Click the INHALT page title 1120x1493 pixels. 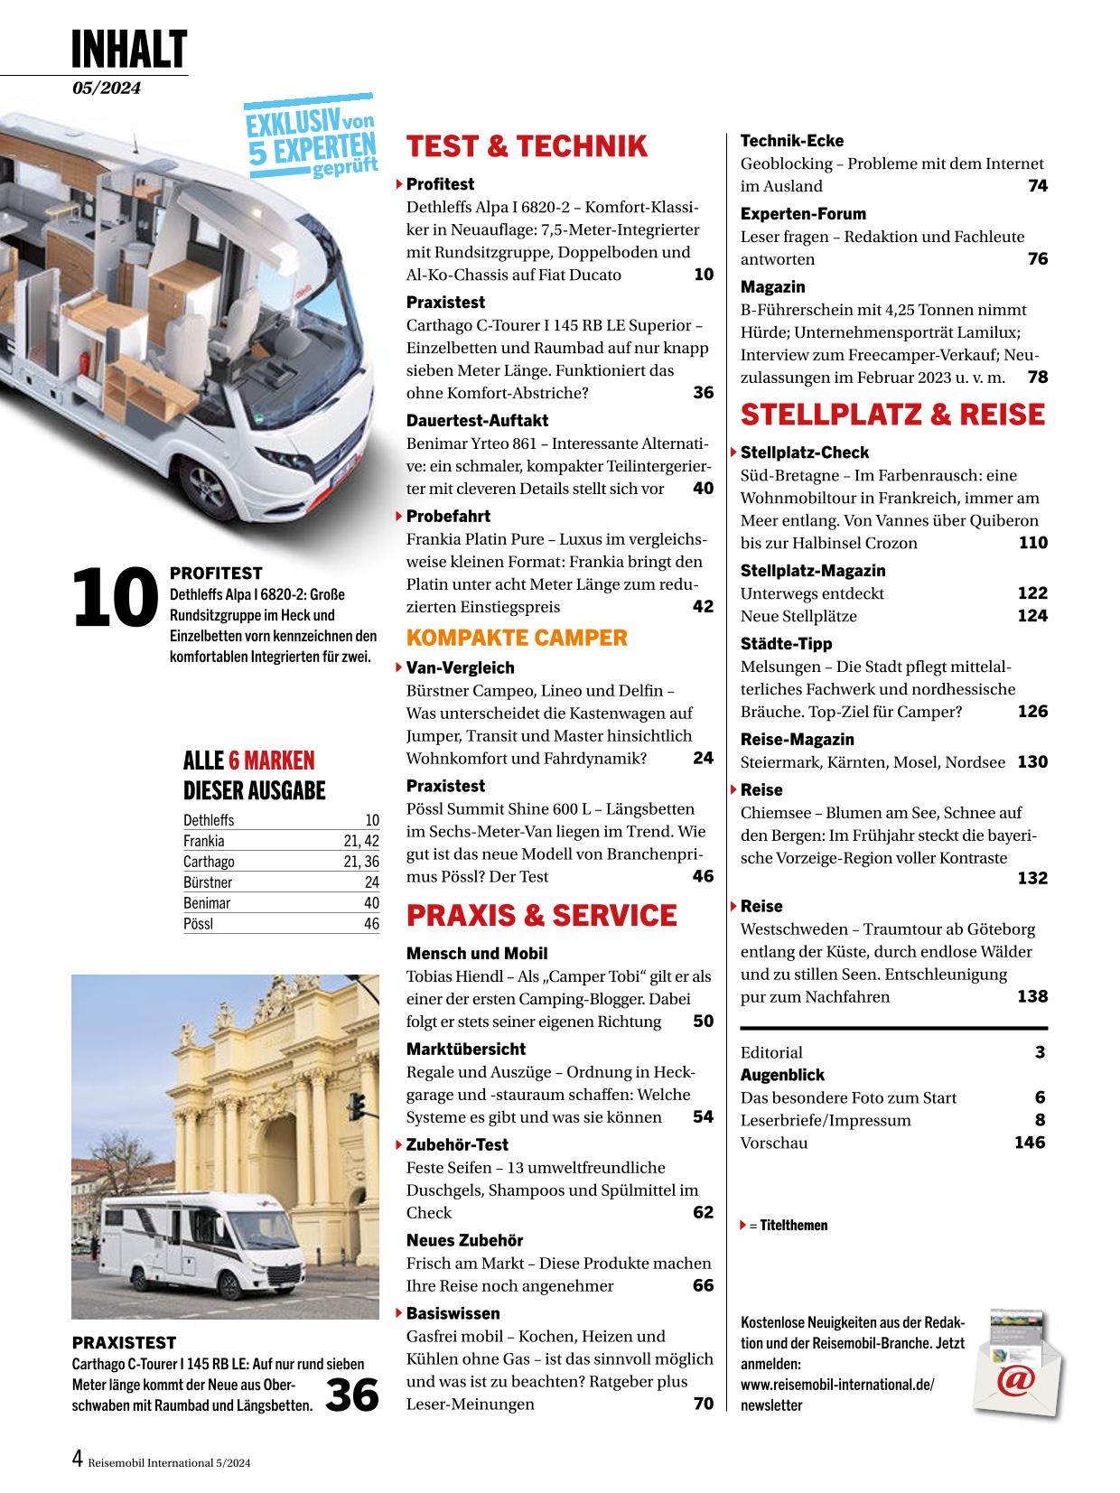coord(129,49)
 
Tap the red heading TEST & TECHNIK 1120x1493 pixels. coord(527,146)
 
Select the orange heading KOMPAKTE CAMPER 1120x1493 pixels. coord(516,638)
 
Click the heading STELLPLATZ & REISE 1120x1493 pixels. coord(892,415)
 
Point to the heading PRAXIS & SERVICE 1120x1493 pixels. coord(541,915)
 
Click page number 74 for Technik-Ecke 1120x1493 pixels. coord(1037,186)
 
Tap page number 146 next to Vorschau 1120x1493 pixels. coord(1030,1143)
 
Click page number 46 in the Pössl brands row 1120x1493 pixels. coord(371,924)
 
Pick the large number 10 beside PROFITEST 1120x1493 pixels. coord(115,598)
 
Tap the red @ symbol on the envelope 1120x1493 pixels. coord(1015,1381)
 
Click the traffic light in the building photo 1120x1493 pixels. coord(358,1106)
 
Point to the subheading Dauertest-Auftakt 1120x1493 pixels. coord(477,421)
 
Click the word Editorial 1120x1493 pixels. coord(771,1052)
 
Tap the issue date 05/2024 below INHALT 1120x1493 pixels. coord(107,88)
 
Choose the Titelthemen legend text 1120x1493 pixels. coord(793,1226)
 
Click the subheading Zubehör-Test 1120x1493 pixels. coord(457,1145)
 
